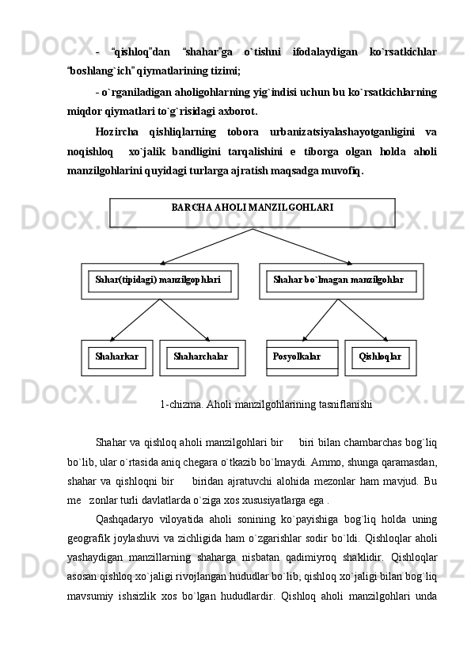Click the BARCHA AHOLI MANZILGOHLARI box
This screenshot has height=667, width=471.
pyautogui.click(x=252, y=208)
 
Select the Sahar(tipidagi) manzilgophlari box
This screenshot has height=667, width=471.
pyautogui.click(x=158, y=280)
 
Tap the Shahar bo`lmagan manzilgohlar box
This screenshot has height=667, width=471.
pyautogui.click(x=340, y=280)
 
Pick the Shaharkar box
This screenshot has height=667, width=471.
pyautogui.click(x=116, y=357)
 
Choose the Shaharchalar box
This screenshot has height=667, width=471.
pyautogui.click(x=202, y=357)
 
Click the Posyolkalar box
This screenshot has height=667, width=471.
pyautogui.click(x=302, y=357)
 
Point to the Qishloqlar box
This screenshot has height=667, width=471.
pyautogui.click(x=380, y=357)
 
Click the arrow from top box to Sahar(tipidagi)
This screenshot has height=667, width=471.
pyautogui.click(x=206, y=246)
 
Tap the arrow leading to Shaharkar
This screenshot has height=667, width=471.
pyautogui.click(x=135, y=320)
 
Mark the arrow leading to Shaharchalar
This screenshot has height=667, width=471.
pyautogui.click(x=185, y=320)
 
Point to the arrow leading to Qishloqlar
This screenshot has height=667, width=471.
pyautogui.click(x=363, y=320)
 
